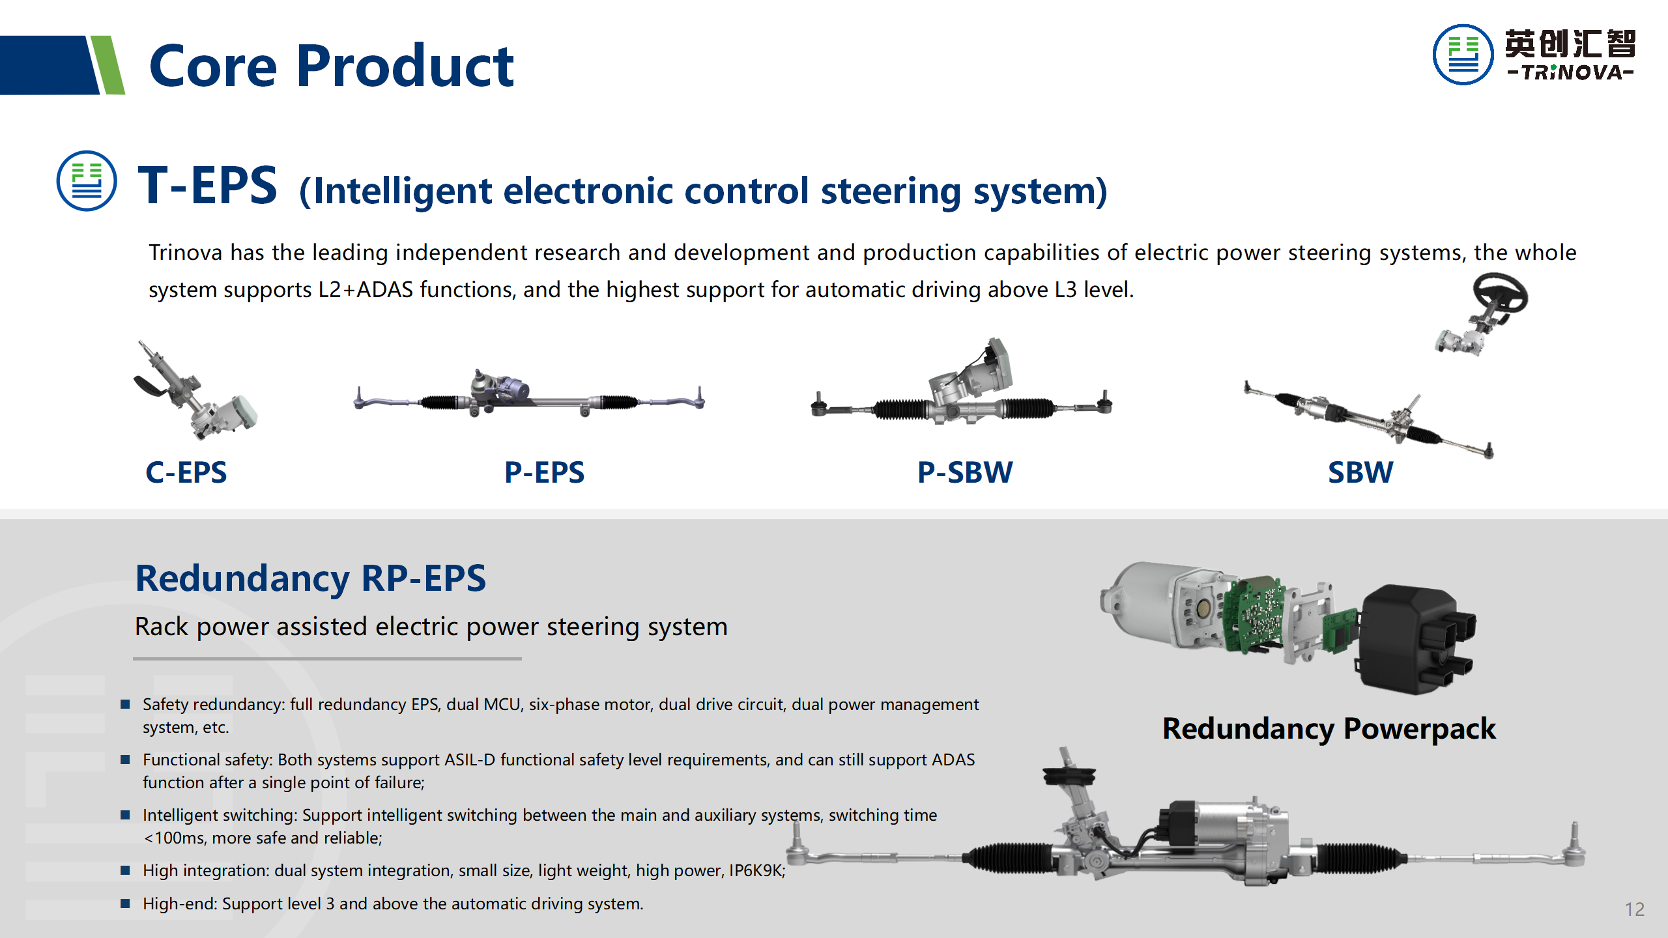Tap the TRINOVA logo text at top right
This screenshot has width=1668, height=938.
click(x=1570, y=72)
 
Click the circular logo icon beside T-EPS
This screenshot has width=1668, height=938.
click(x=87, y=181)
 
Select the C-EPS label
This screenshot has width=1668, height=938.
click(x=186, y=472)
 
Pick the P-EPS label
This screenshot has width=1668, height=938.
click(x=544, y=472)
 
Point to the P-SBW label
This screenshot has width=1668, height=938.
click(x=965, y=472)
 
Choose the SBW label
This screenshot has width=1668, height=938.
click(x=1360, y=472)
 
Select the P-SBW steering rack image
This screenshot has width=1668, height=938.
click(x=962, y=391)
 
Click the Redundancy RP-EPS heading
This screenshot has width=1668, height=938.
click(x=310, y=578)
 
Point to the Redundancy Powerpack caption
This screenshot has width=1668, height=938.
click(x=1329, y=728)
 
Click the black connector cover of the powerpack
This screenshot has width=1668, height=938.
click(x=1414, y=638)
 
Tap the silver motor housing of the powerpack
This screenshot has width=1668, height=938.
click(x=1147, y=603)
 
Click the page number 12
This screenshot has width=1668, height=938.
click(x=1634, y=909)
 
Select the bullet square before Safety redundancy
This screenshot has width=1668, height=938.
click(x=126, y=704)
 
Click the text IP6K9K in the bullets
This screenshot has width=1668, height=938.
click(x=756, y=871)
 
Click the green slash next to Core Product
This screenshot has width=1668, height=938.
click(x=108, y=65)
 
